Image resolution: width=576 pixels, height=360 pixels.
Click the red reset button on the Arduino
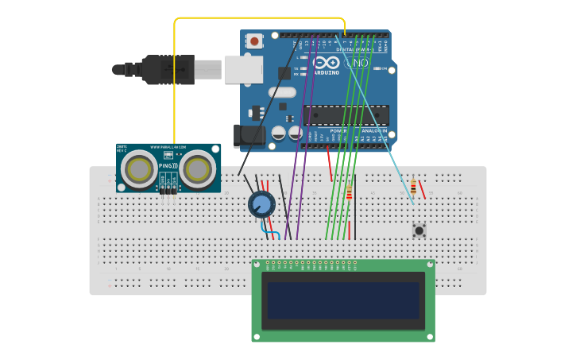[254, 41]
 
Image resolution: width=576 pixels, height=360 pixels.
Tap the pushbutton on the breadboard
[419, 230]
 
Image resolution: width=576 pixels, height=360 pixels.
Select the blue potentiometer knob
[261, 204]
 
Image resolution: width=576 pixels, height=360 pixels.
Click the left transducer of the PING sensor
[140, 168]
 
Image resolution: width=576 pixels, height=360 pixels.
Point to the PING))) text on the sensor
[168, 165]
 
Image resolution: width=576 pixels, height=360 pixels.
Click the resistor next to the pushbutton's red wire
[413, 188]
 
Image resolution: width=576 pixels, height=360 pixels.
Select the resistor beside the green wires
[349, 192]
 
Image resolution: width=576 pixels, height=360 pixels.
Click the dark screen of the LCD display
[343, 300]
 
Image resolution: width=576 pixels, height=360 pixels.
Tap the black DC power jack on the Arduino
[248, 136]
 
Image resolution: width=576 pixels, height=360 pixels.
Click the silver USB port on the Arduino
[243, 69]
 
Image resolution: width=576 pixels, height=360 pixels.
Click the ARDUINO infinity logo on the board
[327, 64]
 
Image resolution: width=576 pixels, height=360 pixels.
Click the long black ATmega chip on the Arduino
[346, 115]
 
